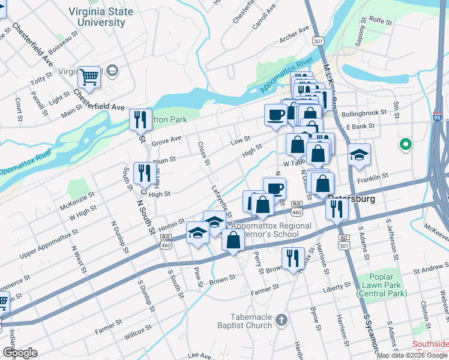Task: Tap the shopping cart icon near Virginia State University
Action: pyautogui.click(x=89, y=77)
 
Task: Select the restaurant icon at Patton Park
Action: pyautogui.click(x=140, y=119)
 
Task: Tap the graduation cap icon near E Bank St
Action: pyautogui.click(x=359, y=155)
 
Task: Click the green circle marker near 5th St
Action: pyautogui.click(x=406, y=145)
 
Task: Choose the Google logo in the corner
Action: pyautogui.click(x=19, y=353)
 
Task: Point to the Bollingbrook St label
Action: pyautogui.click(x=360, y=113)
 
